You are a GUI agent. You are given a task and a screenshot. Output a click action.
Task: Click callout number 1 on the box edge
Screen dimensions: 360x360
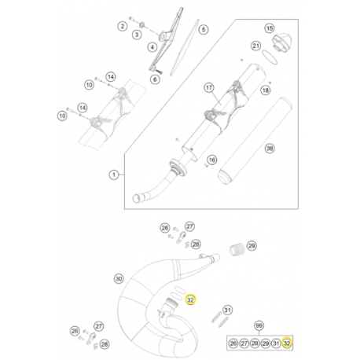tap(114, 174)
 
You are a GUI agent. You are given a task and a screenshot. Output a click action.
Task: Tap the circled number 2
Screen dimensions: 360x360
tap(123, 27)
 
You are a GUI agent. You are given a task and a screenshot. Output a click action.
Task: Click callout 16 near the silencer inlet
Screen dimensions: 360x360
tap(211, 160)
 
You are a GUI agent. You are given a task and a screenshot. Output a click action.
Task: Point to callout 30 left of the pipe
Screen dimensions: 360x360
tap(119, 278)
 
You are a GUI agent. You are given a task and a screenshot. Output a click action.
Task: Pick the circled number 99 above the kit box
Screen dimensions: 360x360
tap(259, 325)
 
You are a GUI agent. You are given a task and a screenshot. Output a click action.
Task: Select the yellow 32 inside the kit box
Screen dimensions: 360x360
tap(287, 343)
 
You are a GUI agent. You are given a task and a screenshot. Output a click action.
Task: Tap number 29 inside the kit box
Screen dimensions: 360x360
tap(265, 343)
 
